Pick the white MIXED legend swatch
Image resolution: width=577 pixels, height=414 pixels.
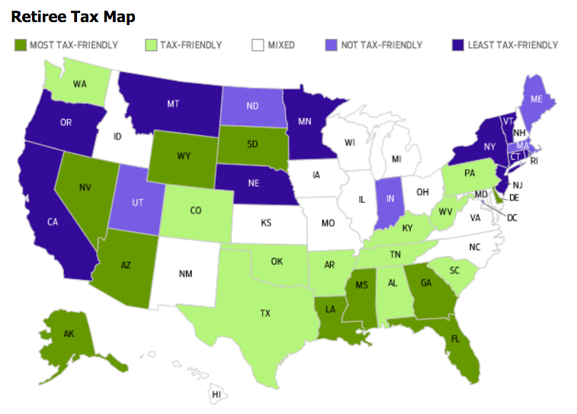coord(258,45)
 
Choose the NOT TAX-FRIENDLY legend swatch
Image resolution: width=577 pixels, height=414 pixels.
coord(331,45)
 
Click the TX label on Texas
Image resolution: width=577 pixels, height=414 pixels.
coord(265,313)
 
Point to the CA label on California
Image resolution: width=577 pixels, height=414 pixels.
coord(53,222)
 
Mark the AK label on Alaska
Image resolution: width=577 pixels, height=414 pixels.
coord(69,334)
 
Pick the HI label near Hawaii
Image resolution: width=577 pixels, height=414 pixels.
coord(216,394)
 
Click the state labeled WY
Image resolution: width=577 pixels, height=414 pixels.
coord(184,156)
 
